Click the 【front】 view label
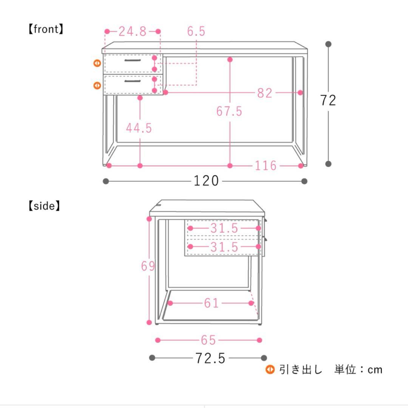[x=45, y=29]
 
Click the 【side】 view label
[x=44, y=206]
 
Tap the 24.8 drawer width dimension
[x=132, y=31]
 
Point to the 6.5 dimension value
[x=196, y=31]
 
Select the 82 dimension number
[x=264, y=93]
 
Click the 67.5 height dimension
[x=229, y=111]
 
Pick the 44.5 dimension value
[x=139, y=128]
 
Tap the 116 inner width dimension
[x=265, y=166]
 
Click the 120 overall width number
[x=206, y=181]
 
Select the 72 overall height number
[x=328, y=100]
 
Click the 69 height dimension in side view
[x=148, y=266]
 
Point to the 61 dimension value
[x=211, y=303]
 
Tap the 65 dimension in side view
[x=208, y=340]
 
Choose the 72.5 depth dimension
[x=210, y=358]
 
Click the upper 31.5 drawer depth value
[x=224, y=228]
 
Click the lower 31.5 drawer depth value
[x=224, y=247]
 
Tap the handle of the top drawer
[x=133, y=60]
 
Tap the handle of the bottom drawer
[x=133, y=81]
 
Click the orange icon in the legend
[x=270, y=369]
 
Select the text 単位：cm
[x=358, y=369]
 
